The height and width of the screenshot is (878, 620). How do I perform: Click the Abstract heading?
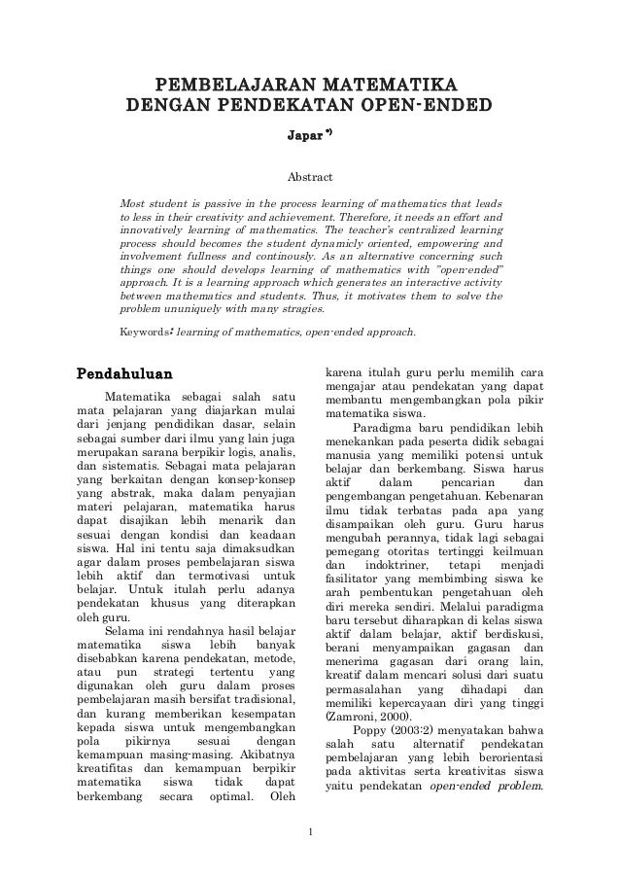coord(309,178)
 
